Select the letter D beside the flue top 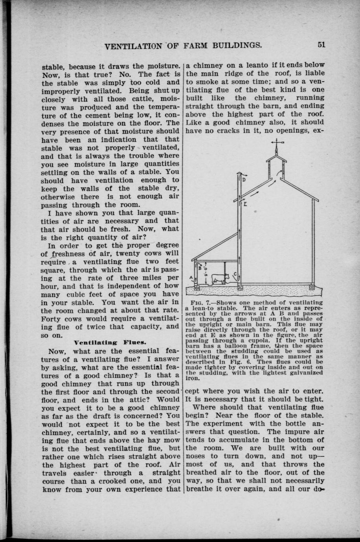point(244,180)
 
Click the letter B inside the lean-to point(200,269)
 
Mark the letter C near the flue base point(235,274)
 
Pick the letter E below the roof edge point(245,205)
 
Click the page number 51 point(321,44)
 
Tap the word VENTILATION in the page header point(134,46)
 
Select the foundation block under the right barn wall point(312,287)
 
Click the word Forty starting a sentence point(52,319)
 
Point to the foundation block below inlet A point(197,287)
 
